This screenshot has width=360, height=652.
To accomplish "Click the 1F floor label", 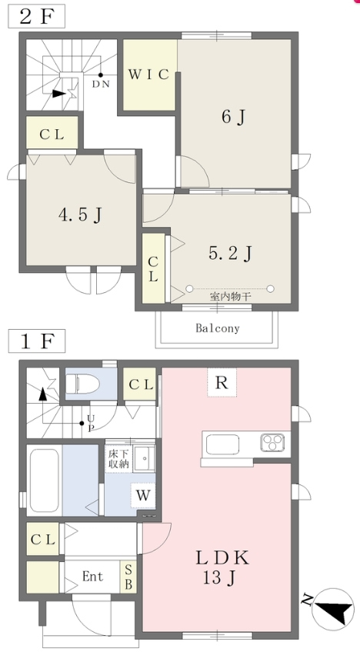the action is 37,341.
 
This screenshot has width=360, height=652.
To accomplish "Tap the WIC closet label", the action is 148,75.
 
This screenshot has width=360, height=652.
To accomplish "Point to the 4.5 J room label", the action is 80,215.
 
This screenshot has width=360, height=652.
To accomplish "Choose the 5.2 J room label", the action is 230,253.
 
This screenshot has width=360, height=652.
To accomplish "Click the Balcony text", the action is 218,328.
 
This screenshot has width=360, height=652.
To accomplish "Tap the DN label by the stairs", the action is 101,84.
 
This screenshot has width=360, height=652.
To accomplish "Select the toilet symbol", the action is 82,384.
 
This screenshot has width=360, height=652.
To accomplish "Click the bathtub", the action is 44,481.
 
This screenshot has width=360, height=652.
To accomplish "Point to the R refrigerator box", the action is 222,383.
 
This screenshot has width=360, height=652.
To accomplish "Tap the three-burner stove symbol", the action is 272,442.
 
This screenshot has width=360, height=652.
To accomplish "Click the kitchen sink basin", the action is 222,444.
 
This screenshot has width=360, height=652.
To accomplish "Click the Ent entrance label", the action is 92,577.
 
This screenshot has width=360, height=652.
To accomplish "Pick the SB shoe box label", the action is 128,577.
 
